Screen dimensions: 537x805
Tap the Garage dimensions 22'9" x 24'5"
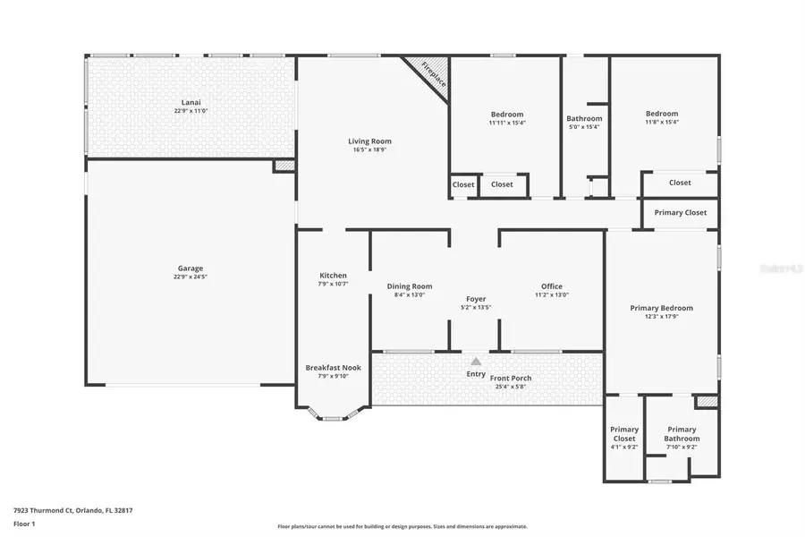pyautogui.click(x=190, y=277)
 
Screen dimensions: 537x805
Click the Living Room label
pyautogui.click(x=369, y=141)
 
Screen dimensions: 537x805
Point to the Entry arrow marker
pyautogui.click(x=476, y=361)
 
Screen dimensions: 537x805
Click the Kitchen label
pyautogui.click(x=333, y=276)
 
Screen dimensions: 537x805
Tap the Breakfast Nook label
pyautogui.click(x=333, y=368)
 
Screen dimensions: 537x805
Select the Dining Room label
pyautogui.click(x=410, y=286)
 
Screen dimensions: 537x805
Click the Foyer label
pyautogui.click(x=476, y=299)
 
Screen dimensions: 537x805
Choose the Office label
pyautogui.click(x=552, y=286)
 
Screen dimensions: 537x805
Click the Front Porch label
pyautogui.click(x=511, y=379)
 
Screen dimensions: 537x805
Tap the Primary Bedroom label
pyautogui.click(x=661, y=308)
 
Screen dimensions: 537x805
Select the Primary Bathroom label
pyautogui.click(x=682, y=434)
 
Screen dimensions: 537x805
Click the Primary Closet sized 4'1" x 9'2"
pyautogui.click(x=623, y=434)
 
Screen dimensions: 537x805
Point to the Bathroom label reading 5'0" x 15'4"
pyautogui.click(x=584, y=118)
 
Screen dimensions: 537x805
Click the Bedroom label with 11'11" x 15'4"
pyautogui.click(x=507, y=115)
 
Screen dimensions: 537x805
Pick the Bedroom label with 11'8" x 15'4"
pyautogui.click(x=662, y=114)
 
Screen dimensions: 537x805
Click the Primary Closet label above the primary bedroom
pyautogui.click(x=681, y=212)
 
